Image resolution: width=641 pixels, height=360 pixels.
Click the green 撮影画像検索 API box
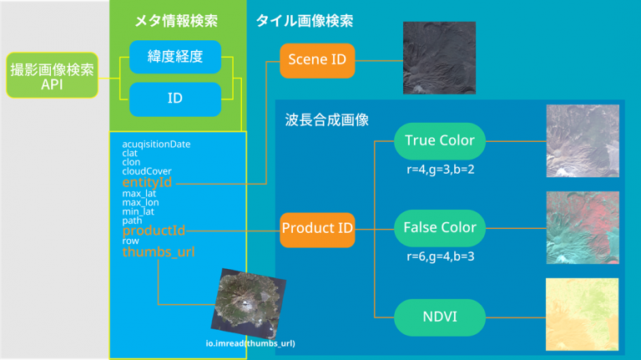(52, 75)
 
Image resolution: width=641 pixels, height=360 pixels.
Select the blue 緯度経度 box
(175, 57)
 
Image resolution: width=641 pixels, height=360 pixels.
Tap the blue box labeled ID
(175, 99)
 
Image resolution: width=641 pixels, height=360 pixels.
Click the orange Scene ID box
(317, 60)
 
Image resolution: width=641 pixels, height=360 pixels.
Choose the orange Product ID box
(317, 230)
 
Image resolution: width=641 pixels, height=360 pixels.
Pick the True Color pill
(440, 141)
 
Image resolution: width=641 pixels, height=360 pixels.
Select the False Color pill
(440, 228)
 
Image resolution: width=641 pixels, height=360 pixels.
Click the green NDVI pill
(440, 317)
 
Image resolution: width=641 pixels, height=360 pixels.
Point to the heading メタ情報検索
(176, 21)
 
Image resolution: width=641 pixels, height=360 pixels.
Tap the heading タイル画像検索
(305, 21)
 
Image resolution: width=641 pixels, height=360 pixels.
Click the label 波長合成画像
(326, 120)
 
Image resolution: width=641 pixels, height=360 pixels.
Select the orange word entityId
(147, 182)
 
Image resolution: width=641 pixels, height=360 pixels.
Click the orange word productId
(154, 231)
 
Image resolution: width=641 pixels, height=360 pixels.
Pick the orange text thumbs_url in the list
(159, 251)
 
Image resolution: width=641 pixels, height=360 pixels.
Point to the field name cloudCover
(147, 171)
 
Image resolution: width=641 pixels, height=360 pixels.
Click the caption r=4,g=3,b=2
(441, 170)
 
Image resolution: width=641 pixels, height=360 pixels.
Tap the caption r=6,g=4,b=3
(441, 256)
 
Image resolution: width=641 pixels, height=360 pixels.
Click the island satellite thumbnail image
(249, 303)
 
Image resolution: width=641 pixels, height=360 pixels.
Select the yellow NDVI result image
(582, 314)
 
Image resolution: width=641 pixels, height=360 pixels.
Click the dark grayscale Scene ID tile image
(440, 58)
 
